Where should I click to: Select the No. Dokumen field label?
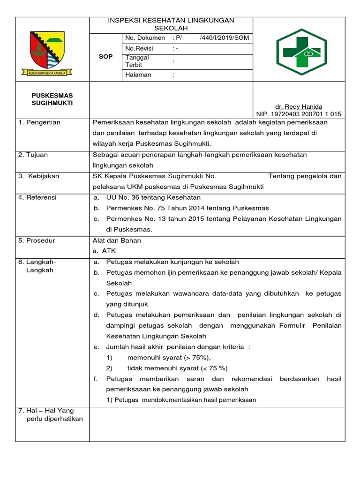[x=145, y=37]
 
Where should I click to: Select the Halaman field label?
[x=138, y=75]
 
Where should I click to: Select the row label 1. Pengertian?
[x=39, y=122]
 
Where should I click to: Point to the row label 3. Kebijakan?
[x=39, y=176]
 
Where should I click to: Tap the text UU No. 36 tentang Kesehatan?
[x=153, y=197]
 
